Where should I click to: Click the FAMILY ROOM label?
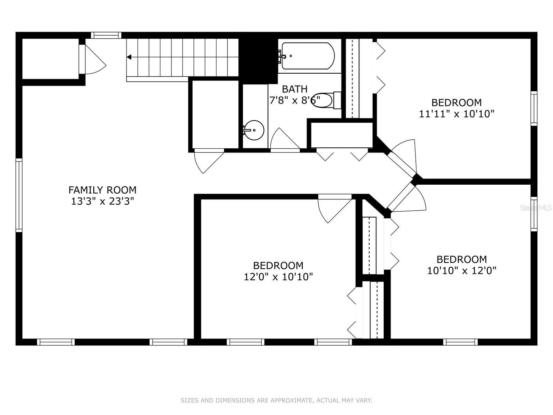tap(102, 190)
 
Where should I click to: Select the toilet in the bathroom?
tap(326, 100)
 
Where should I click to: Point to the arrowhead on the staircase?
tap(129, 57)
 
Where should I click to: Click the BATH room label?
tap(294, 89)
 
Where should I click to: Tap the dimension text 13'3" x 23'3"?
tap(102, 201)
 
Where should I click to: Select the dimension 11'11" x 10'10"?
tap(457, 114)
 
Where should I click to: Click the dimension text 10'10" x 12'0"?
tap(461, 271)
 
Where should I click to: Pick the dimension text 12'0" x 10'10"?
tap(278, 277)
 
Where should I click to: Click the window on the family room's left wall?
tap(19, 195)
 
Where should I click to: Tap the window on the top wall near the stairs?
tap(106, 35)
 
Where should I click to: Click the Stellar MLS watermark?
tap(536, 208)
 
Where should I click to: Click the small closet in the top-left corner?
tap(51, 59)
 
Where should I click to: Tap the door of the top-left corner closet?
tap(92, 59)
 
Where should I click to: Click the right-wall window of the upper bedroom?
tap(534, 108)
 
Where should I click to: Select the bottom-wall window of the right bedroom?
tap(460, 342)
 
